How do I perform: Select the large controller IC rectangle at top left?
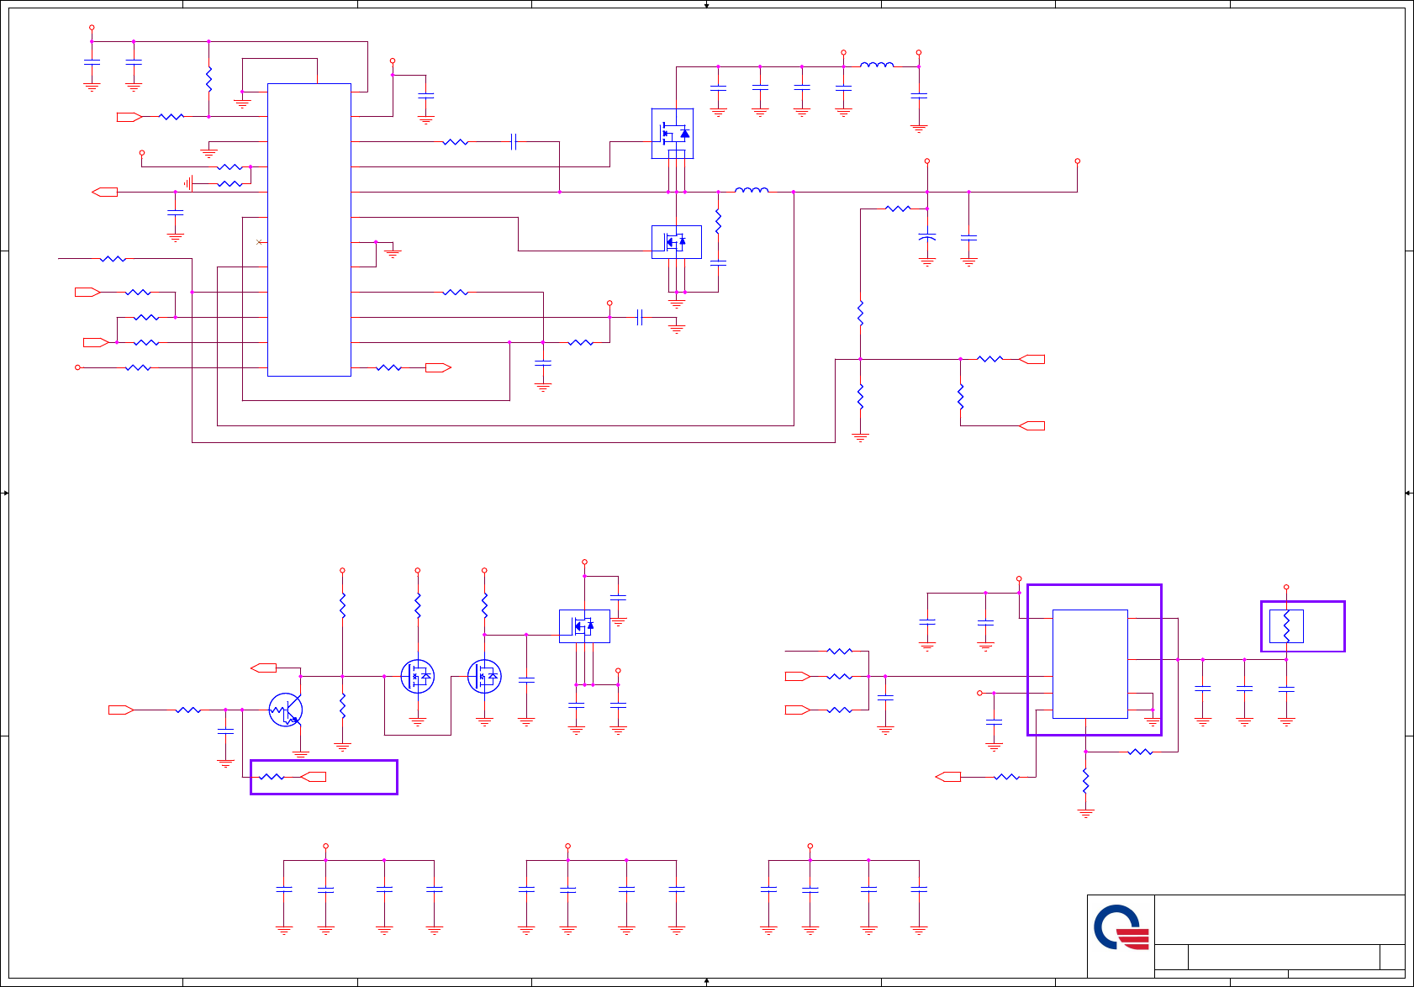(x=309, y=230)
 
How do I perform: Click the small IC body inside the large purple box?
(x=1090, y=663)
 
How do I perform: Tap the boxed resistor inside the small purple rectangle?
(x=1286, y=626)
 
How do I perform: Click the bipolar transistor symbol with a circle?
(x=286, y=710)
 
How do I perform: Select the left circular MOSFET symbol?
(x=418, y=676)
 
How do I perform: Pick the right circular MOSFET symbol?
(x=484, y=676)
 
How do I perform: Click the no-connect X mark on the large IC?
(x=259, y=242)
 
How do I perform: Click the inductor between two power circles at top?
(x=877, y=65)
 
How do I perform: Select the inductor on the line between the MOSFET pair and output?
(x=752, y=191)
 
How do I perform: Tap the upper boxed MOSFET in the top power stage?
(x=673, y=133)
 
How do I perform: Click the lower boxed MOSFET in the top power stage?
(x=676, y=242)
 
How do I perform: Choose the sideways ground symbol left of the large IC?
(x=188, y=183)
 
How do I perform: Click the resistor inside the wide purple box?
(x=271, y=777)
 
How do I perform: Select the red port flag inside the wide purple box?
(x=314, y=777)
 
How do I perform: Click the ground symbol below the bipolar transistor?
(x=301, y=754)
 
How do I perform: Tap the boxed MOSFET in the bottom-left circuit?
(x=584, y=625)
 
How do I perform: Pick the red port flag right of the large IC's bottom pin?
(x=438, y=367)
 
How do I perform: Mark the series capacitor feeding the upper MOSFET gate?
(x=514, y=142)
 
